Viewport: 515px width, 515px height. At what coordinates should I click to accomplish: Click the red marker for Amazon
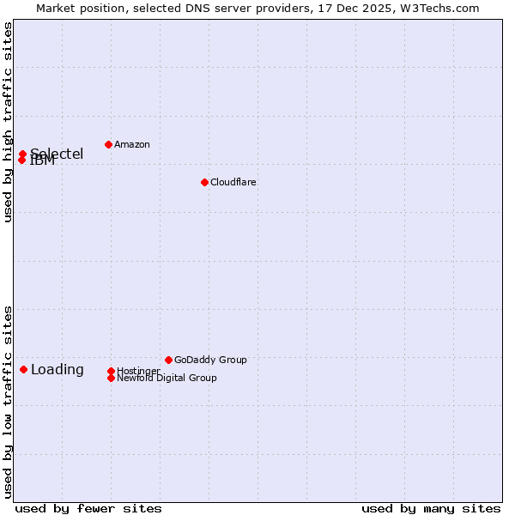click(x=108, y=144)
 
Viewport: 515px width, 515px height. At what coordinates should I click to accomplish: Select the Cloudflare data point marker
click(x=204, y=182)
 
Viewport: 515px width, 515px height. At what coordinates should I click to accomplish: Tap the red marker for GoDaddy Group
click(x=168, y=360)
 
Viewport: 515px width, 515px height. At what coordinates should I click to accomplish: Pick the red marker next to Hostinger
click(x=111, y=371)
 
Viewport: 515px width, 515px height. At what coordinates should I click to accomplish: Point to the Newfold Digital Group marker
click(x=111, y=378)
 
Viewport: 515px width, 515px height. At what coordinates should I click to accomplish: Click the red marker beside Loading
click(x=23, y=369)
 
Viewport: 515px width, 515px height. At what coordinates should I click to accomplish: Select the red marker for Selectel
click(x=23, y=154)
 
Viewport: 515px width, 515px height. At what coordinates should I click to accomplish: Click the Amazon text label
click(x=131, y=144)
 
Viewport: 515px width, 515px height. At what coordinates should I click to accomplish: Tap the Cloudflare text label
click(x=233, y=182)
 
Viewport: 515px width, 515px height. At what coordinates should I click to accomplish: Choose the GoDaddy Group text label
click(x=210, y=360)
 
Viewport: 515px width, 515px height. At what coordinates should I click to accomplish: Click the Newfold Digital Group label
click(x=167, y=379)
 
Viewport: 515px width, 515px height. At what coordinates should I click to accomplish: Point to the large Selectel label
click(x=57, y=154)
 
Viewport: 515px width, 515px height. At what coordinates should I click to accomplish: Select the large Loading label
click(x=57, y=370)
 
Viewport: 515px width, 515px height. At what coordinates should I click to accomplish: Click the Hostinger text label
click(x=138, y=370)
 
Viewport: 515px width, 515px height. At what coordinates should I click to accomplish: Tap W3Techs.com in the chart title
click(x=436, y=8)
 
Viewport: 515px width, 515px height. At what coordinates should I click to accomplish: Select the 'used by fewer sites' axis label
click(x=88, y=508)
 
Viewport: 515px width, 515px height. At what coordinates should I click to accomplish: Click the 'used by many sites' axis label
click(x=431, y=508)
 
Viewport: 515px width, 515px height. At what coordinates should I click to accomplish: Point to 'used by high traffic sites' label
click(x=8, y=122)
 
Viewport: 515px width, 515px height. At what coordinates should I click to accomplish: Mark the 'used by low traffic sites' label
click(x=8, y=401)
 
